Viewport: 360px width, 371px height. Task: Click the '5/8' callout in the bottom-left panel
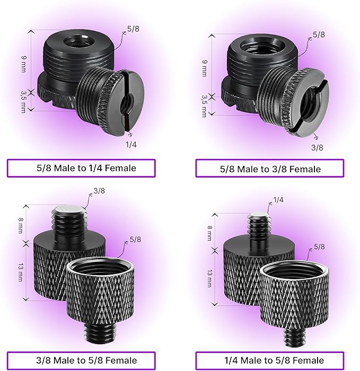[x=136, y=240]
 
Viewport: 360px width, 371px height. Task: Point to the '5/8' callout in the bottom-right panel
[x=320, y=246]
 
